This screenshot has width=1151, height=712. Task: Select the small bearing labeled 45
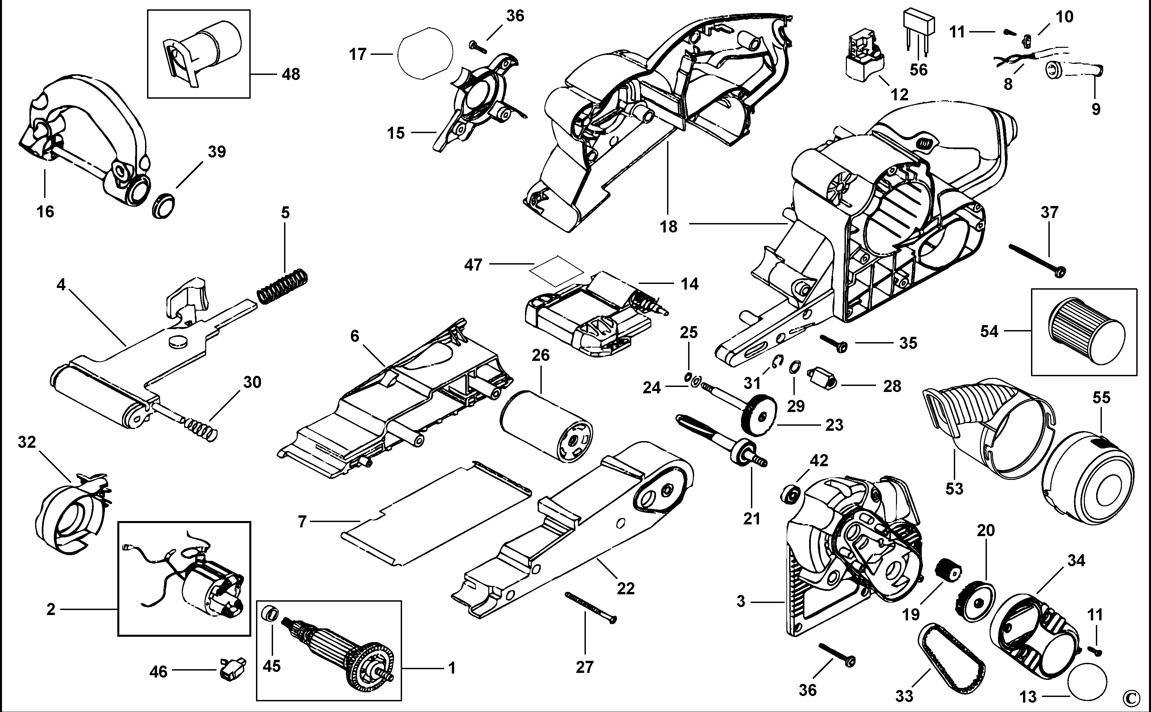[x=271, y=613]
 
